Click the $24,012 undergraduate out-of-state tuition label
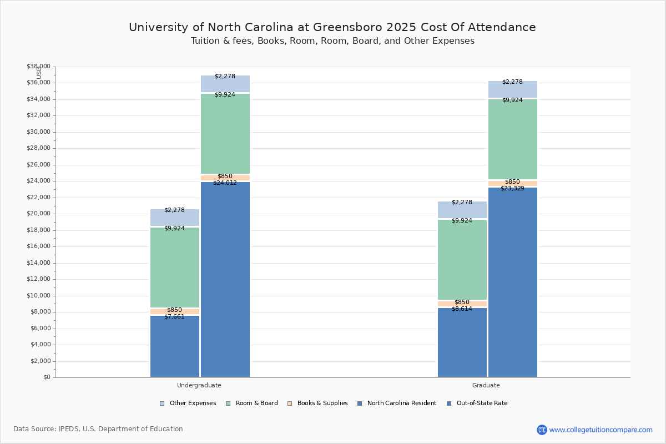225,183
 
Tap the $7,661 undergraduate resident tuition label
174,316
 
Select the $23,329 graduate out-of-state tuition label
512,188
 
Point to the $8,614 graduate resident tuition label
462,309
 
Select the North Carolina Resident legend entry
397,403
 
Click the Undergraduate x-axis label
199,385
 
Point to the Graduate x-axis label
486,385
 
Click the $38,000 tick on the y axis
38,67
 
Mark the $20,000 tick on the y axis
38,214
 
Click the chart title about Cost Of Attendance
332,27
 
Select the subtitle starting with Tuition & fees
332,41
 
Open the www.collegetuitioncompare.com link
601,430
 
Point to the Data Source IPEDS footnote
98,429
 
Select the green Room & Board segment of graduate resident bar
462,259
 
